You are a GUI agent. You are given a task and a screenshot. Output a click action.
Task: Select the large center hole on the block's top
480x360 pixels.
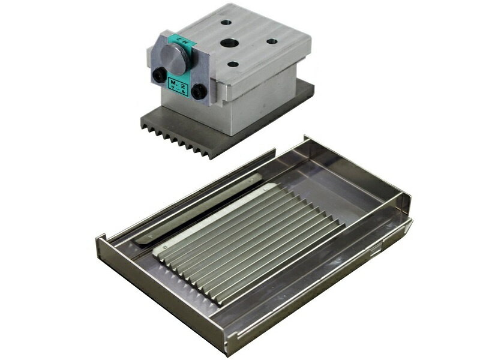pos(229,44)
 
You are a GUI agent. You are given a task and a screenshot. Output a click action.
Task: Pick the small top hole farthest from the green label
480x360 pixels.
pos(272,41)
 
